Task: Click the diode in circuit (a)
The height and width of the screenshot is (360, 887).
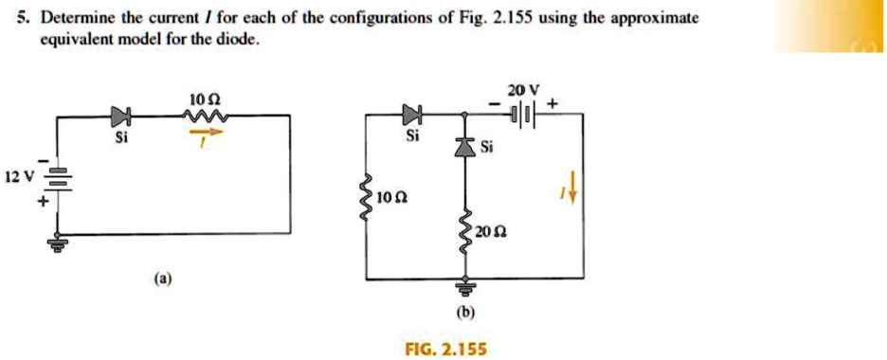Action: click(119, 117)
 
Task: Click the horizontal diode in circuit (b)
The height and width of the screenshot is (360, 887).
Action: click(410, 117)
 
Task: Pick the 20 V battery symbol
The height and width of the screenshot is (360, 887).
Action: click(523, 117)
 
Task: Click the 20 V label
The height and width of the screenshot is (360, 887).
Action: click(521, 90)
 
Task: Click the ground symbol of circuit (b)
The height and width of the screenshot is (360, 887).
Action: click(464, 288)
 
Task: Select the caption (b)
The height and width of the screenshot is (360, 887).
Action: click(465, 312)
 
